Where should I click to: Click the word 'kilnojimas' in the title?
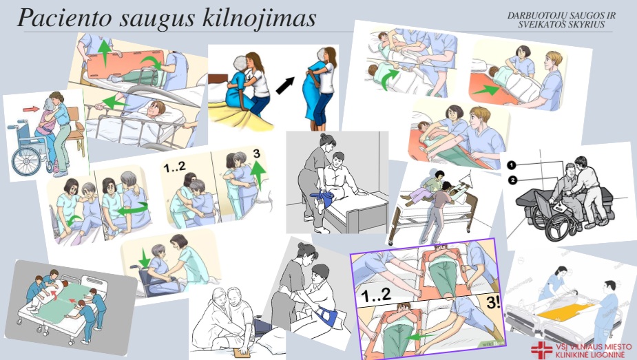click(x=258, y=18)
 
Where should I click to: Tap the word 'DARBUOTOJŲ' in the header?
click(x=536, y=16)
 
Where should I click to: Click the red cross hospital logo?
click(x=541, y=350)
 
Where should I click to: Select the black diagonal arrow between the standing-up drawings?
click(x=285, y=85)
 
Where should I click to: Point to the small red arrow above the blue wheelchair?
click(x=31, y=109)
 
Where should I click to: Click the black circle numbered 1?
click(x=512, y=165)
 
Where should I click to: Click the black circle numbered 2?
click(x=512, y=180)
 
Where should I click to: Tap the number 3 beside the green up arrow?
click(x=256, y=153)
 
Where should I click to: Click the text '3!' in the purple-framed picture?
click(x=493, y=302)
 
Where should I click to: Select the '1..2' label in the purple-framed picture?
click(x=376, y=296)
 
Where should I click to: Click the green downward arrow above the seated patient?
click(x=143, y=257)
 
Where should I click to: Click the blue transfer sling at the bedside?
click(x=322, y=199)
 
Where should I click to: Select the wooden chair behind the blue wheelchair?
click(x=76, y=130)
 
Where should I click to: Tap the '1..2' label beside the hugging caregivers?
click(x=174, y=167)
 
